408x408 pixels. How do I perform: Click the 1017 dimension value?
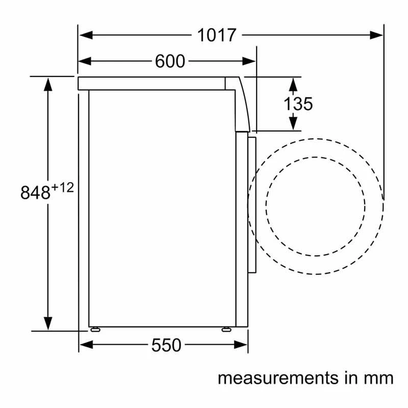216,35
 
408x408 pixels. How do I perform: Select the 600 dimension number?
170,61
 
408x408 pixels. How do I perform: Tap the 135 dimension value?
298,104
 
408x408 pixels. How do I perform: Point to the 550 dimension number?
166,345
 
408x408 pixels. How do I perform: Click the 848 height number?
35,193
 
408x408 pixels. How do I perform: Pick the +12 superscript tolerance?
63,187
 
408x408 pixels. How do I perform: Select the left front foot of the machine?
95,329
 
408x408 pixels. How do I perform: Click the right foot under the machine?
226,329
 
